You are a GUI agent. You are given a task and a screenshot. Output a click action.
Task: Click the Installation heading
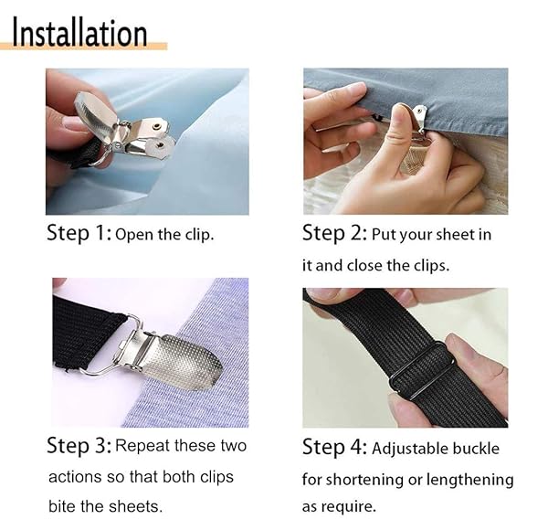click(80, 33)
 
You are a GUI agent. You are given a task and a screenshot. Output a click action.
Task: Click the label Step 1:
click(79, 233)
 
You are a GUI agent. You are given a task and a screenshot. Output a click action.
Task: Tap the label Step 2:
click(334, 233)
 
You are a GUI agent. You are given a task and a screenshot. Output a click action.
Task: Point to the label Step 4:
click(334, 448)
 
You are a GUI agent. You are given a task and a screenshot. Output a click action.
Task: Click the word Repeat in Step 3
click(148, 446)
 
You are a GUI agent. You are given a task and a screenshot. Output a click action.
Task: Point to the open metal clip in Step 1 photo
click(137, 128)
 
